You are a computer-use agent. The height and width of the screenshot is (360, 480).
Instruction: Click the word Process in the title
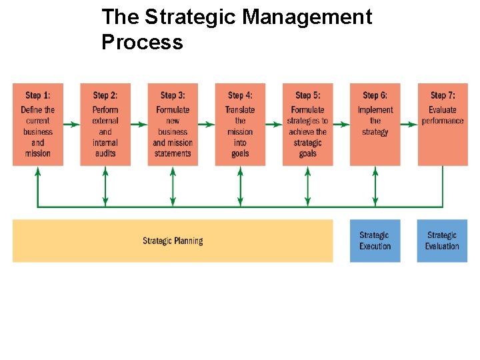point(142,42)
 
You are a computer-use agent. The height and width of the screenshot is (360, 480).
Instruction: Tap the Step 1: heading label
point(38,95)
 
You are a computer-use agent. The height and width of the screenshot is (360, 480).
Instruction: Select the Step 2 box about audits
point(105,125)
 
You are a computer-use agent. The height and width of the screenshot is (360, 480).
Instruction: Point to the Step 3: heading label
point(173,95)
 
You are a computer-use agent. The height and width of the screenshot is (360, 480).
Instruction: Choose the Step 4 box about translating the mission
point(240,125)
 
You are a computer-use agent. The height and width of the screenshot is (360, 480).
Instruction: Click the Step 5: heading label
point(307,95)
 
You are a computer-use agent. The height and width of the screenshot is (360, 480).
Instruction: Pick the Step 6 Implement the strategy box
point(375,125)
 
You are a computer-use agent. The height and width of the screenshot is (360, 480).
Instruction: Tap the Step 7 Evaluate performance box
point(442,125)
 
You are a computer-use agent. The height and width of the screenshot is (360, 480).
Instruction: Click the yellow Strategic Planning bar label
point(173,241)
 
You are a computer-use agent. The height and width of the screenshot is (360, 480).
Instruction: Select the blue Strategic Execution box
point(375,241)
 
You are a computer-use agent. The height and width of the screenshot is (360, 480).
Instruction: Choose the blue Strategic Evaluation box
point(442,241)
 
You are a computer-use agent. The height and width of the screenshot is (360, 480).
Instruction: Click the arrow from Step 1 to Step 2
point(72,123)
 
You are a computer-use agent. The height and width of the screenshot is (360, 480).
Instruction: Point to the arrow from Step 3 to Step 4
point(207,123)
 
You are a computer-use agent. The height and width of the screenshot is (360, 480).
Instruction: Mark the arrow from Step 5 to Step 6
point(341,123)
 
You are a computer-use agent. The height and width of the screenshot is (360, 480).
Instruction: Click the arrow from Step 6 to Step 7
point(409,123)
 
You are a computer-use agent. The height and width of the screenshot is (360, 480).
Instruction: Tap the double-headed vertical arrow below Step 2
point(105,187)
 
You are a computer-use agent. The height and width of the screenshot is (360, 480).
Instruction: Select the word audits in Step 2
point(105,153)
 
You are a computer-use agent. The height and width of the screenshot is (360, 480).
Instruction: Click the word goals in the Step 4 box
point(240,153)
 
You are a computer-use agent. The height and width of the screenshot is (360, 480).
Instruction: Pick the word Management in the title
point(307,17)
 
